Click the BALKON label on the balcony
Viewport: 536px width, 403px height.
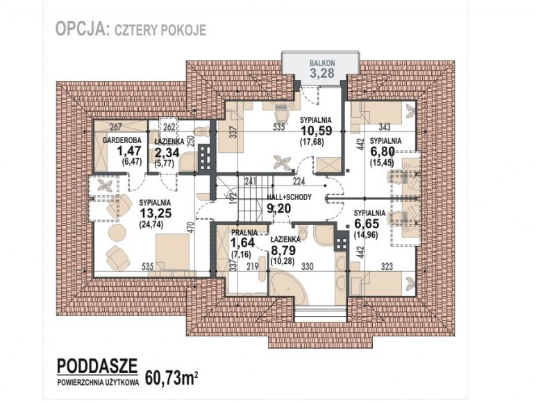[x=322, y=63]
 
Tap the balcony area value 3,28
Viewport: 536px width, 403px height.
[x=322, y=73]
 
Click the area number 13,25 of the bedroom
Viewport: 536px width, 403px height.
[x=156, y=213]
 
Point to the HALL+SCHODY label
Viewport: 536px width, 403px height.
[x=290, y=197]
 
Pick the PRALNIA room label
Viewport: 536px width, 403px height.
[x=244, y=233]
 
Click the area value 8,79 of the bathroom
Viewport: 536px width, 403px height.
[x=283, y=250]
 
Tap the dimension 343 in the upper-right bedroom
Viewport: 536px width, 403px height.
[x=385, y=127]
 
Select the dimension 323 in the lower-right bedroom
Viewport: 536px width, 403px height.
[x=387, y=266]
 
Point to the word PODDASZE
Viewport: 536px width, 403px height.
[x=97, y=365]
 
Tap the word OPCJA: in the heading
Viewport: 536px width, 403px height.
[x=82, y=28]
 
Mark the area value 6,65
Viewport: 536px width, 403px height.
[x=367, y=224]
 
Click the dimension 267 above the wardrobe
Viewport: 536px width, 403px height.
[x=116, y=127]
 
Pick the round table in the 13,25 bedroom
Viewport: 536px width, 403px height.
[x=117, y=233]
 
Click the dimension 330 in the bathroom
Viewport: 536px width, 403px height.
[x=308, y=266]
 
